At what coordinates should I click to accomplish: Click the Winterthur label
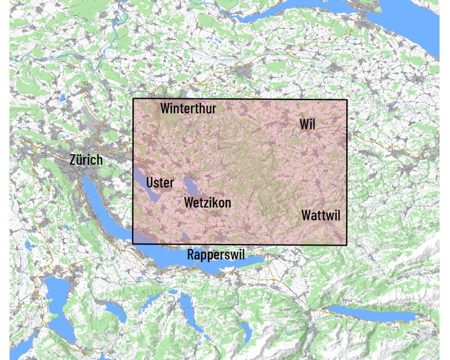(x=188, y=109)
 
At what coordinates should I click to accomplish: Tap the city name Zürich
(x=86, y=160)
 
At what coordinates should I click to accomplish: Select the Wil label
(x=307, y=124)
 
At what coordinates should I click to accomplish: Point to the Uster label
(x=160, y=182)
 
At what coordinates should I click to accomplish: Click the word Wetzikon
(x=208, y=203)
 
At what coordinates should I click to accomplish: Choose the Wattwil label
(x=321, y=215)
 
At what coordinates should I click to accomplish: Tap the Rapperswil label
(x=216, y=255)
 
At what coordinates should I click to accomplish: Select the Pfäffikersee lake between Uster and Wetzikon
(x=190, y=185)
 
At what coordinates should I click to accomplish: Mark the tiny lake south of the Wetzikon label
(x=185, y=235)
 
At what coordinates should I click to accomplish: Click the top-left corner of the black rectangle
(x=133, y=99)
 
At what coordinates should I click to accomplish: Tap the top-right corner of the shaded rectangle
(x=347, y=100)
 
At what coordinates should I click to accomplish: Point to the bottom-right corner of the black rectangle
(x=347, y=245)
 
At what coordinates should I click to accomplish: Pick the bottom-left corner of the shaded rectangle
(x=133, y=244)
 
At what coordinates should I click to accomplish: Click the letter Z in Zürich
(x=72, y=160)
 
